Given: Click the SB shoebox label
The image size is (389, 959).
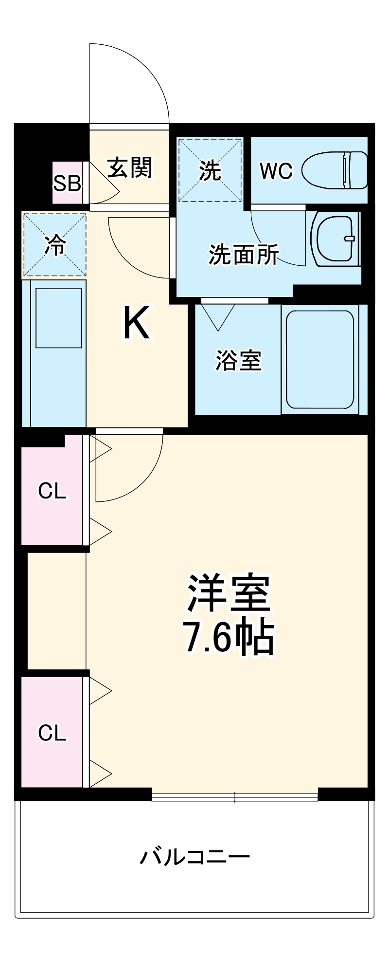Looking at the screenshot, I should (67, 184).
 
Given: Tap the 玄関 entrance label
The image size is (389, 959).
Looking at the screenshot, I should (130, 168).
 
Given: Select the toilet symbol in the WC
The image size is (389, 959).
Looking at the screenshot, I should (335, 170).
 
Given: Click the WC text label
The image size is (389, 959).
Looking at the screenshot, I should (276, 171).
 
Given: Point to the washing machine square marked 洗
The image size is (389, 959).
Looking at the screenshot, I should (210, 170).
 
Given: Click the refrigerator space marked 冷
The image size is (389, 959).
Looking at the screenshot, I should (54, 245).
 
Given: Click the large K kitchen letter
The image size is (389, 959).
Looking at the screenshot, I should (136, 323).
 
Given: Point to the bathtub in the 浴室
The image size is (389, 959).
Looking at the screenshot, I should (319, 359).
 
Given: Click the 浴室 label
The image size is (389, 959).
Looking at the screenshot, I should (238, 361).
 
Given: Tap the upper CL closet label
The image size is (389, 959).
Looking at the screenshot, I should (52, 491).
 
